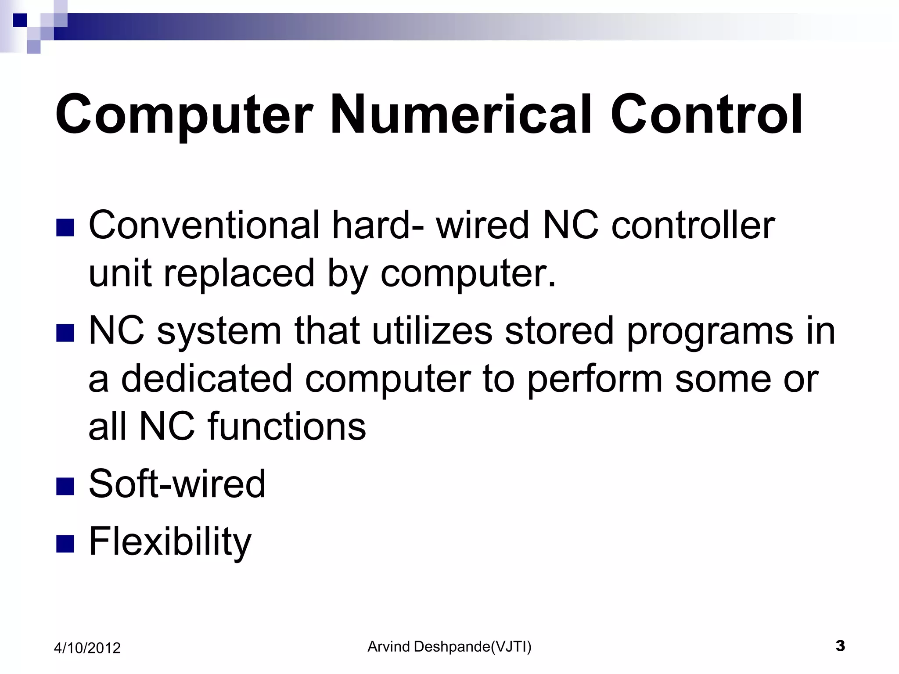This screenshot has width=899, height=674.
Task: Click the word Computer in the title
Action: pyautogui.click(x=184, y=115)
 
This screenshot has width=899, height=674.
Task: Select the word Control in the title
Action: pyautogui.click(x=706, y=115)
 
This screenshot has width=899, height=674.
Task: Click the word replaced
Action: pyautogui.click(x=239, y=273)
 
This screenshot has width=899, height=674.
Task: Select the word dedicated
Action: pyautogui.click(x=206, y=378)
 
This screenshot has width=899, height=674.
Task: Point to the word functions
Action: pyautogui.click(x=287, y=426)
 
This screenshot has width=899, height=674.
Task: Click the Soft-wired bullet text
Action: pyautogui.click(x=177, y=484)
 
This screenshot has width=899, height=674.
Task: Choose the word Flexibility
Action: pyautogui.click(x=170, y=541)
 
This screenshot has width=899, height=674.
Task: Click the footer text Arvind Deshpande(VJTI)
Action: pyautogui.click(x=449, y=646)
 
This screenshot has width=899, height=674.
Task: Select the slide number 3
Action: pyautogui.click(x=840, y=646)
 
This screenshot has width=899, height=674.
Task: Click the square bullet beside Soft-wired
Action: pyautogui.click(x=65, y=486)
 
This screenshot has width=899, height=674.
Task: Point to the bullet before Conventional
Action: pyautogui.click(x=65, y=228)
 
